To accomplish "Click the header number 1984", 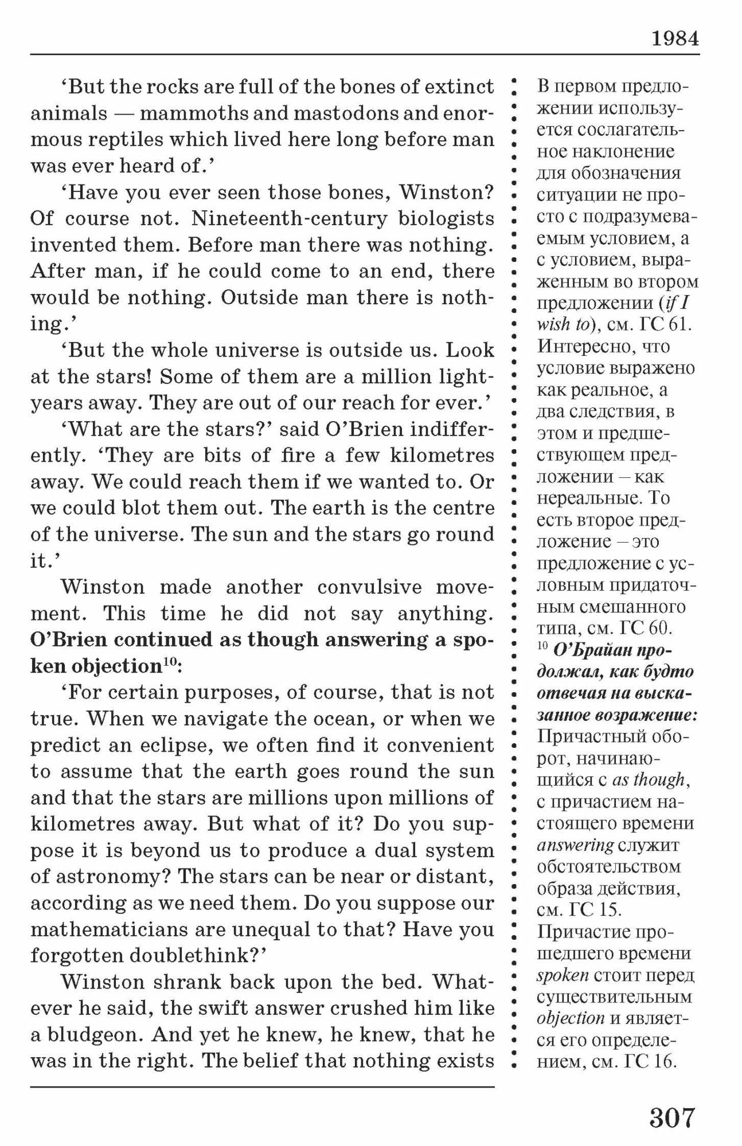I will click(x=675, y=38).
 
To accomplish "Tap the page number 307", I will click(x=672, y=1117).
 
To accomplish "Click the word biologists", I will click(x=446, y=218).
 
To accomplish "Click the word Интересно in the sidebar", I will click(x=580, y=347).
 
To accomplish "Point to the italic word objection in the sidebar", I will click(x=571, y=1018).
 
